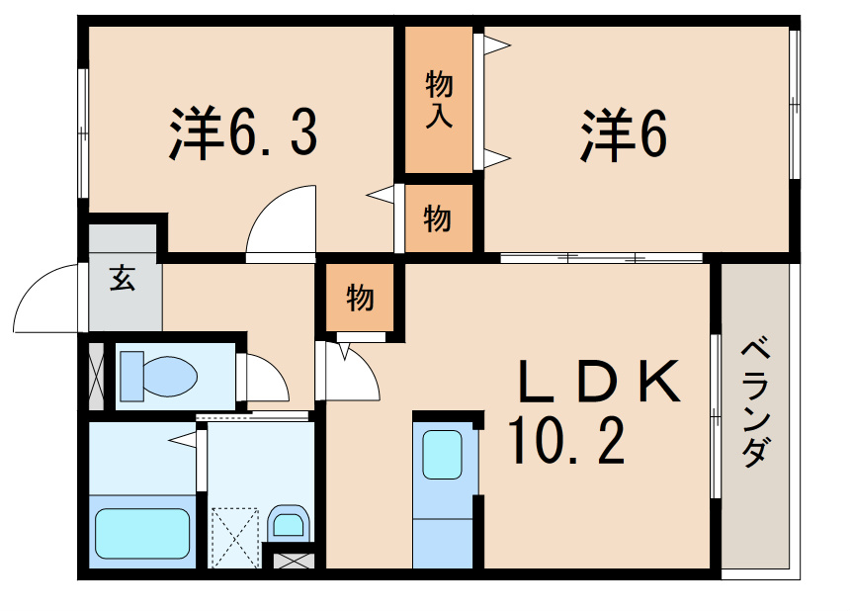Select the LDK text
tap(599, 383)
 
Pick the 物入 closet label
tap(439, 99)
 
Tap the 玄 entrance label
tap(123, 279)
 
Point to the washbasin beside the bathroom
tap(288, 521)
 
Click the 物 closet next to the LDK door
tap(360, 297)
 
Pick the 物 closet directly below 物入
tap(438, 218)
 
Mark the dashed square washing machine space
tap(234, 536)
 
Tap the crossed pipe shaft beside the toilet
tap(96, 376)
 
